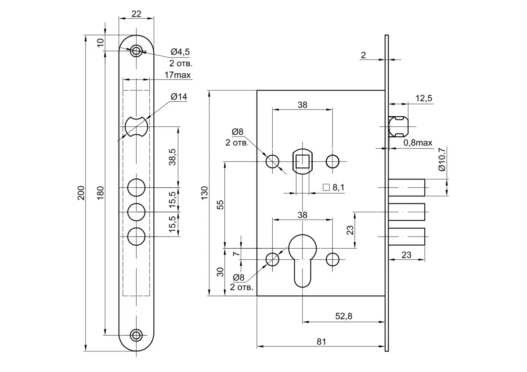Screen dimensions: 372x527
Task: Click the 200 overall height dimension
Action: point(81,193)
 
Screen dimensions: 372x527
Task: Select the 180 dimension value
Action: point(100,193)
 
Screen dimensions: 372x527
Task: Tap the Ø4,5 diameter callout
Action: point(180,52)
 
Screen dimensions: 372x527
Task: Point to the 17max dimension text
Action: point(177,75)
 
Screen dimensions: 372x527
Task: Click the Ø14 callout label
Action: point(178,97)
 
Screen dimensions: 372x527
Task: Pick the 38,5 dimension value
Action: point(173,157)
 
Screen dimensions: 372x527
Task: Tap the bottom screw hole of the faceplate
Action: point(137,336)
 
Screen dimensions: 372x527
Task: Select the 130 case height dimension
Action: point(204,193)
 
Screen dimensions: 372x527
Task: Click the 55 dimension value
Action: point(220,205)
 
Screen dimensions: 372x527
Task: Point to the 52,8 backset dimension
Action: point(344,316)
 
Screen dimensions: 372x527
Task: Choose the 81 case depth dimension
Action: point(321,341)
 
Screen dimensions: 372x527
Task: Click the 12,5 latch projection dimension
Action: point(424,98)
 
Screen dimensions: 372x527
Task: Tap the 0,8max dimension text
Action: point(418,143)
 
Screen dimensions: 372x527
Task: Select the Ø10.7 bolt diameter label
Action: point(442,160)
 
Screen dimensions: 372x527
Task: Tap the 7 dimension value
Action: point(236,254)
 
